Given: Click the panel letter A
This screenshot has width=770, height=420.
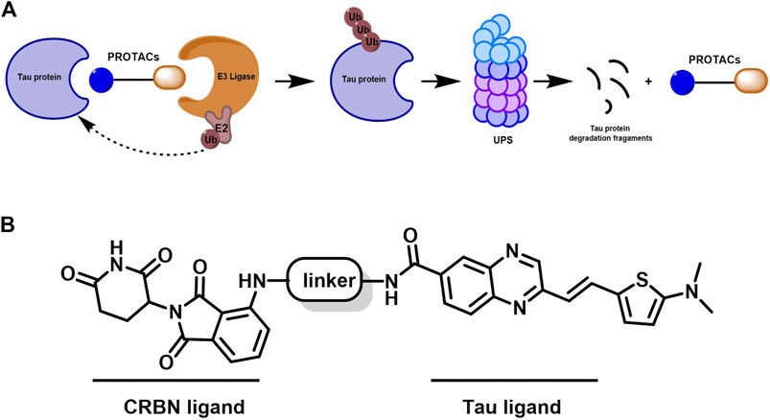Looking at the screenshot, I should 9,11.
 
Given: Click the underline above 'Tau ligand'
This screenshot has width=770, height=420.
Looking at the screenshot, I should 514,380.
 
